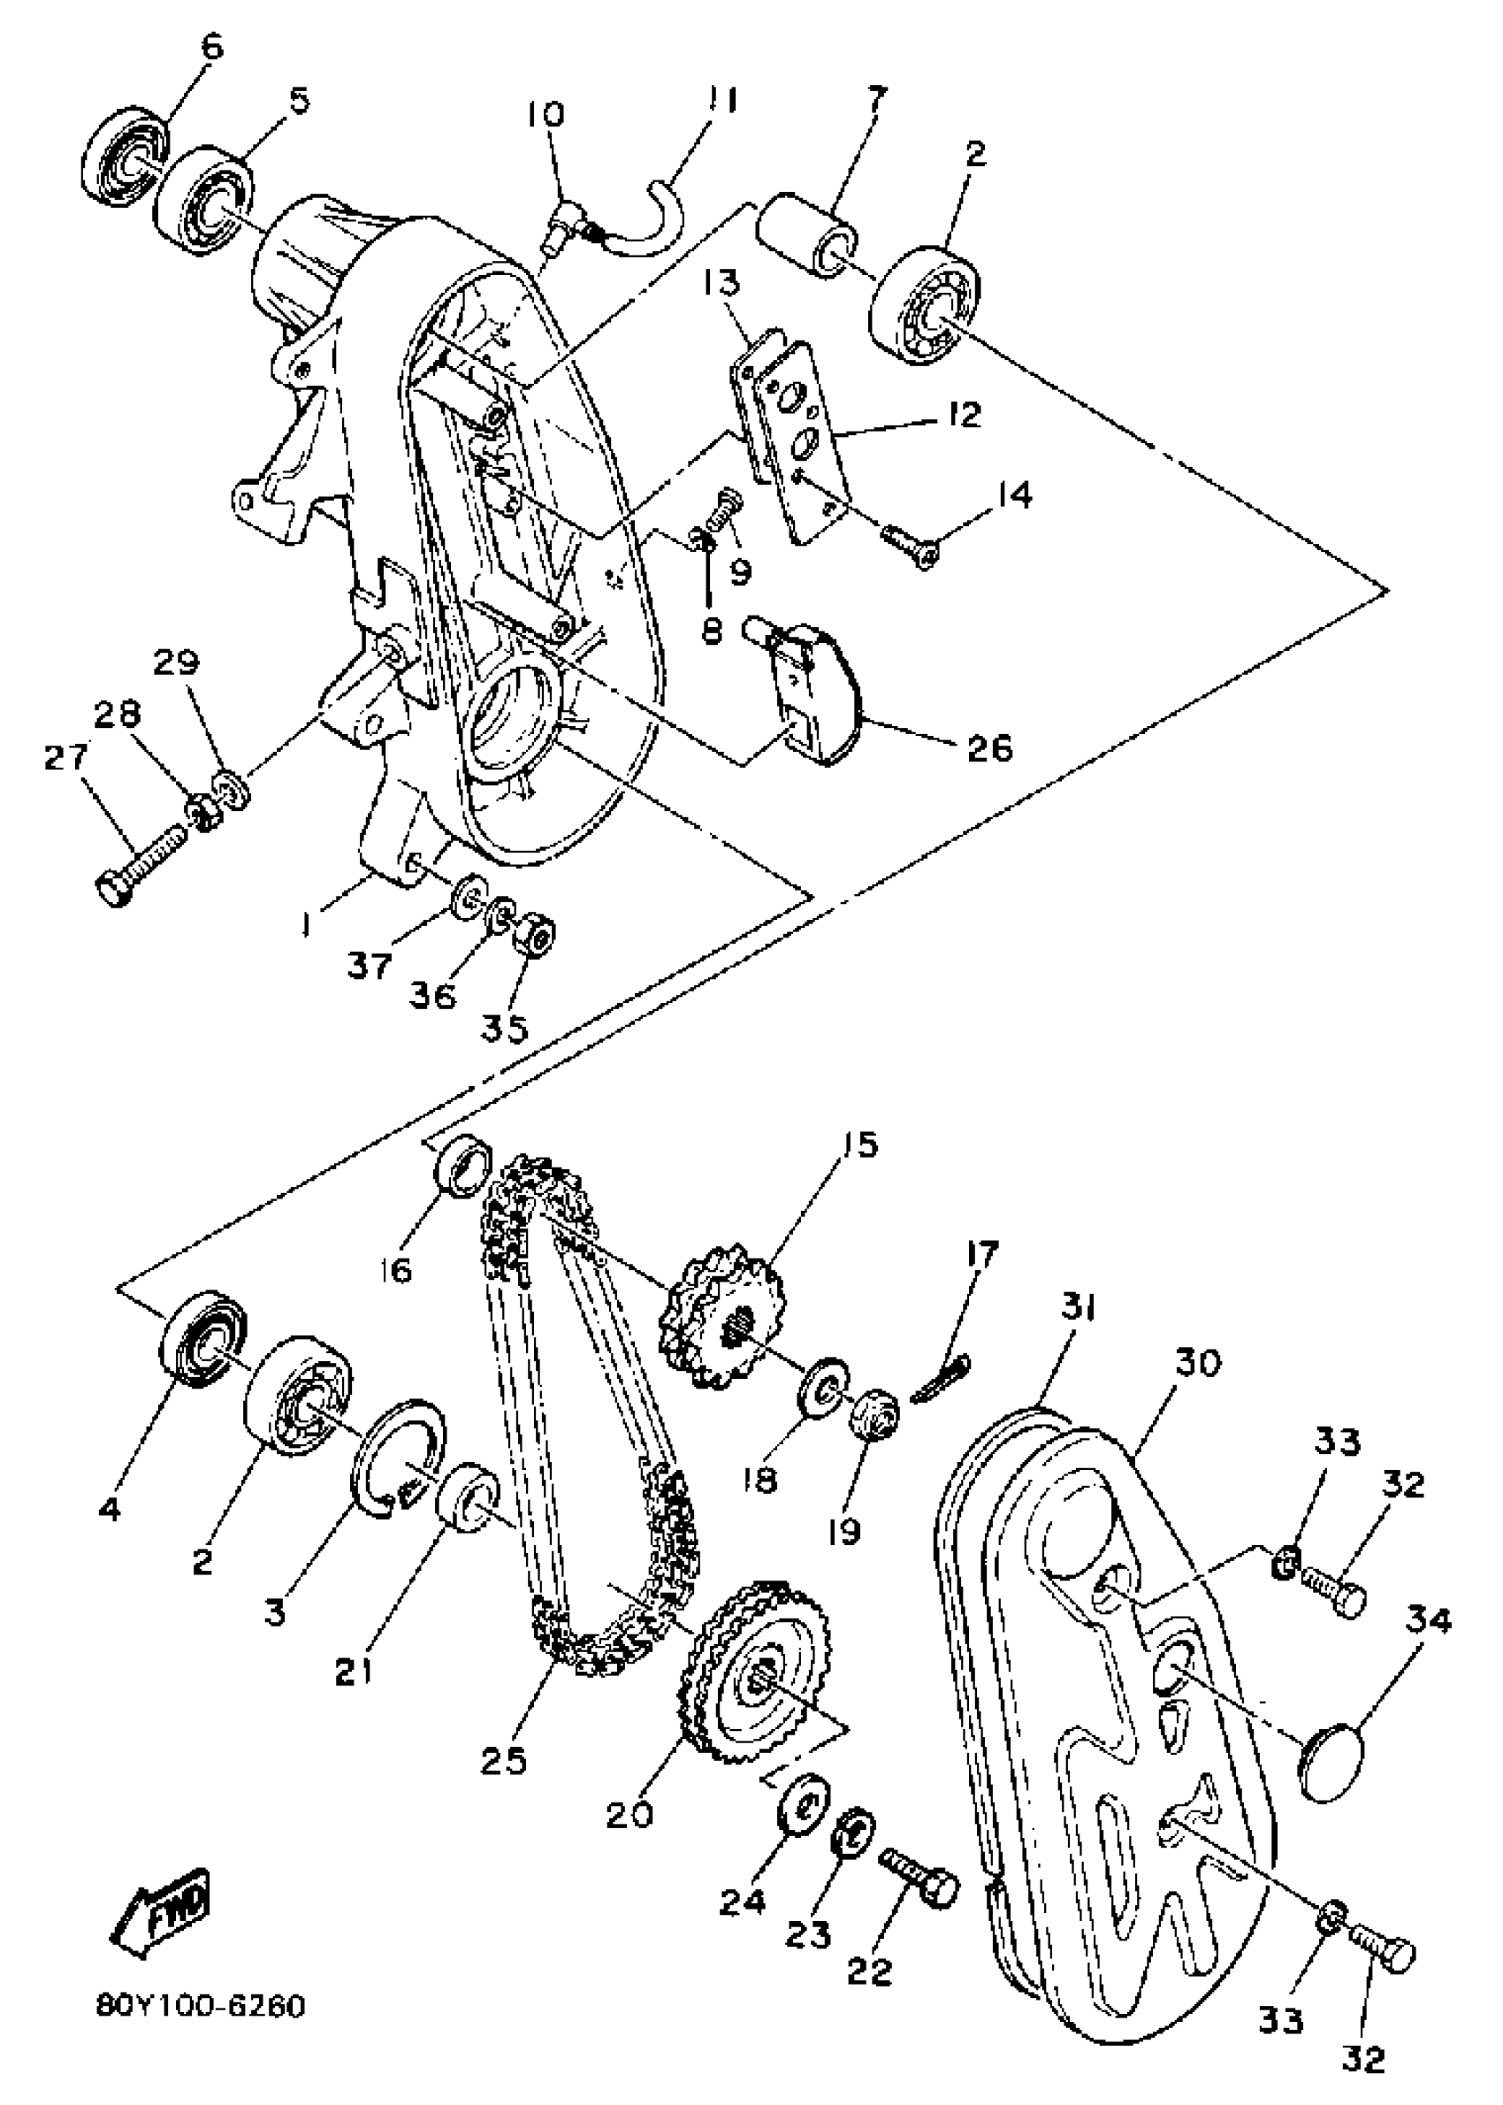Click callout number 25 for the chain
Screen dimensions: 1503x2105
505,1759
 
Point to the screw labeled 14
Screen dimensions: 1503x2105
912,543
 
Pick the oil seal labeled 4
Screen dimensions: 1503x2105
202,1336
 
